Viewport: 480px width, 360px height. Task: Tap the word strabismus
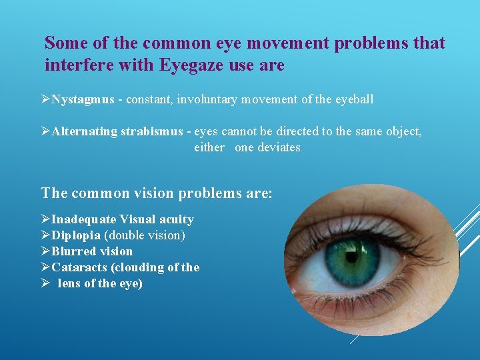click(151, 131)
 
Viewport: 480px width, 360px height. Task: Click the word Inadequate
click(84, 219)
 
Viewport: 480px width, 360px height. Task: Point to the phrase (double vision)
click(144, 235)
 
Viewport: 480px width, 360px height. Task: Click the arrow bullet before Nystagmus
click(46, 99)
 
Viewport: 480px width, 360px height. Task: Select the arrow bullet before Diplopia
click(46, 235)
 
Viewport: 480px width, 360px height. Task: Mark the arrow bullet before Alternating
click(46, 131)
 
